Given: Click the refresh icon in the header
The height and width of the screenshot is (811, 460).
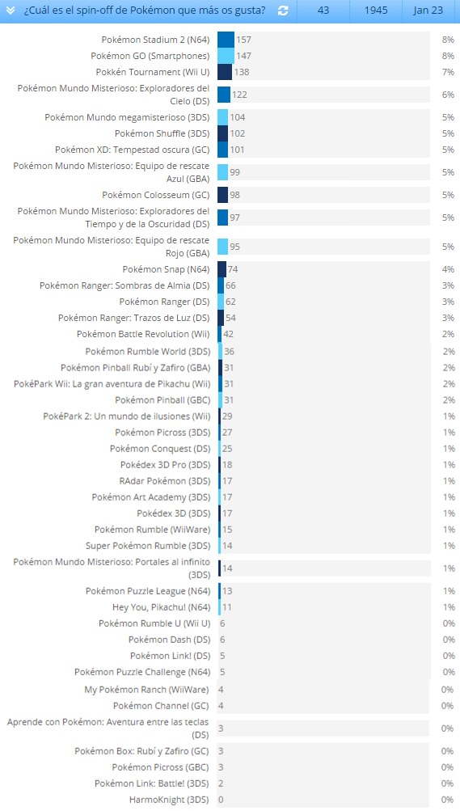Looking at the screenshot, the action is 283,11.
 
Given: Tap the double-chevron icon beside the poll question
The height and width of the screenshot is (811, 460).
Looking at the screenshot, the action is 11,11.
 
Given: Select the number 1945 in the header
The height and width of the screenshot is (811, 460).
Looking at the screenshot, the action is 376,11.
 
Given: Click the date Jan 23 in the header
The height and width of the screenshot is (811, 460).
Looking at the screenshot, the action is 428,11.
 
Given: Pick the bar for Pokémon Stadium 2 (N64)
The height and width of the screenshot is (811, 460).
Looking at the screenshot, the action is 226,40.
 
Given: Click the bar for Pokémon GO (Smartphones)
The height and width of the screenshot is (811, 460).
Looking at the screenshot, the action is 226,56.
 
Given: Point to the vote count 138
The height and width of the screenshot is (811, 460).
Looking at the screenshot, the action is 242,72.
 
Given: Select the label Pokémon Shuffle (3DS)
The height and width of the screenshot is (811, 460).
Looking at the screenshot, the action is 162,133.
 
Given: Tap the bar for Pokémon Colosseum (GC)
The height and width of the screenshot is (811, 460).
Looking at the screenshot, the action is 223,195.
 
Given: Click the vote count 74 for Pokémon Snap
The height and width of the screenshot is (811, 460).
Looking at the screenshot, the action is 233,269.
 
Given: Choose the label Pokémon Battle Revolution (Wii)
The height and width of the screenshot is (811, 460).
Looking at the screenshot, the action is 143,334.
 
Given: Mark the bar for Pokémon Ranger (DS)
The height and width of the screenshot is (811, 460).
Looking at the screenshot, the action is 221,302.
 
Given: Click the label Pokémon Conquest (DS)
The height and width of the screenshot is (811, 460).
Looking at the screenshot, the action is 160,449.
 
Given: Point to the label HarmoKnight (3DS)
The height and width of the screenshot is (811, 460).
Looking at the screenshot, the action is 169,800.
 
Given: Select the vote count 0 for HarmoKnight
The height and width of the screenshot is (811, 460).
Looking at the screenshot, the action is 222,800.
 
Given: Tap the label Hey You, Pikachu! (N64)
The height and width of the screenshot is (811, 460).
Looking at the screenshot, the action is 161,607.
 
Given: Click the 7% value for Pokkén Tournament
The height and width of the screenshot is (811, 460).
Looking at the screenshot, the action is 448,72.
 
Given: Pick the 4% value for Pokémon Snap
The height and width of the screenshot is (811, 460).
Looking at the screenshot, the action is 448,269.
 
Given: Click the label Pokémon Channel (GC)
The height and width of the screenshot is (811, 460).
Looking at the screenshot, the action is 161,706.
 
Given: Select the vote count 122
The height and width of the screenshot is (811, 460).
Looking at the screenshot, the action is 240,95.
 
